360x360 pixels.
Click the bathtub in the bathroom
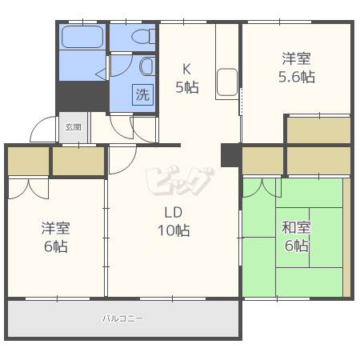[82, 37]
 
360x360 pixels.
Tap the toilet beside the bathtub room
[143, 37]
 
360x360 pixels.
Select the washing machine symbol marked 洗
[143, 94]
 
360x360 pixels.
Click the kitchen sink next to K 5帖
[227, 82]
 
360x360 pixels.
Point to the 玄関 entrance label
[74, 127]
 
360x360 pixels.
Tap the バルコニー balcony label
[123, 318]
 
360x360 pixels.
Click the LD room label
[174, 213]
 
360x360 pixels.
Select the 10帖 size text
[174, 230]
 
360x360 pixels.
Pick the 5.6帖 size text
[297, 77]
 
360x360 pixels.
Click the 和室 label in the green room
[296, 228]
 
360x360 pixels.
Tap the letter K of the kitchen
[186, 69]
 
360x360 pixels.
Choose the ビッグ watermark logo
[180, 181]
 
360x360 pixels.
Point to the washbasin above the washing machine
[147, 66]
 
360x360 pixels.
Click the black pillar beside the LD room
[230, 155]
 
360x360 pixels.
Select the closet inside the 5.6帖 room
[318, 130]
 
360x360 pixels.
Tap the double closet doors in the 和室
[262, 188]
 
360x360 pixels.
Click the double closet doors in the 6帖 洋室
[29, 189]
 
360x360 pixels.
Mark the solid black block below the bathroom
[82, 96]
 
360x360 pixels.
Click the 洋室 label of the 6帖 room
[55, 228]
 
